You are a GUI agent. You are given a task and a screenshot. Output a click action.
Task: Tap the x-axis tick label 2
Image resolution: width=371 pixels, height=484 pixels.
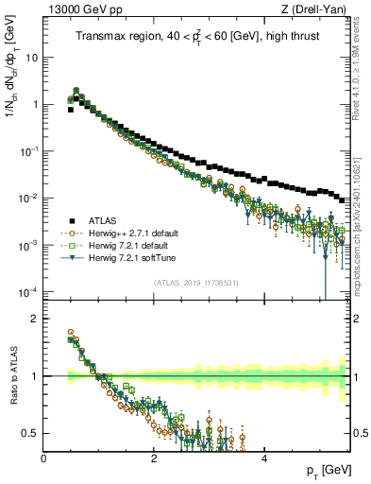click(x=154, y=458)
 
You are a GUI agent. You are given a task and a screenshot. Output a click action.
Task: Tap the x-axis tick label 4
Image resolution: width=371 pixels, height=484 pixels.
click(x=263, y=458)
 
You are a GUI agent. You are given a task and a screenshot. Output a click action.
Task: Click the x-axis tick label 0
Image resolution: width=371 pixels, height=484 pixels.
click(x=44, y=458)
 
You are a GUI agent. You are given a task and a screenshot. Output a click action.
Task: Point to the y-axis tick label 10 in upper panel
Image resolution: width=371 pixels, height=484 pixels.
click(x=31, y=58)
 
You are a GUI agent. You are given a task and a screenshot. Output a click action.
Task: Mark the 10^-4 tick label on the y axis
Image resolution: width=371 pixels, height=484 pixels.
click(x=28, y=290)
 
